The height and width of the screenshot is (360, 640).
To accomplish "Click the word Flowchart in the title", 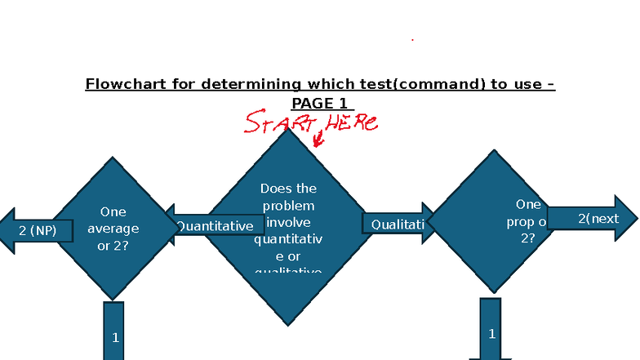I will [x=122, y=84].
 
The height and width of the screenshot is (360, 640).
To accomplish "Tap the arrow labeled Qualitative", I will [x=398, y=224].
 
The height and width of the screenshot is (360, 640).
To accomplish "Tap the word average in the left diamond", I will [x=113, y=228].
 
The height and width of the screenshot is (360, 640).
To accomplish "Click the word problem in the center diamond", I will [x=287, y=205].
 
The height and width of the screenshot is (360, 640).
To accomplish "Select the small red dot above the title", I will [x=412, y=39].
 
